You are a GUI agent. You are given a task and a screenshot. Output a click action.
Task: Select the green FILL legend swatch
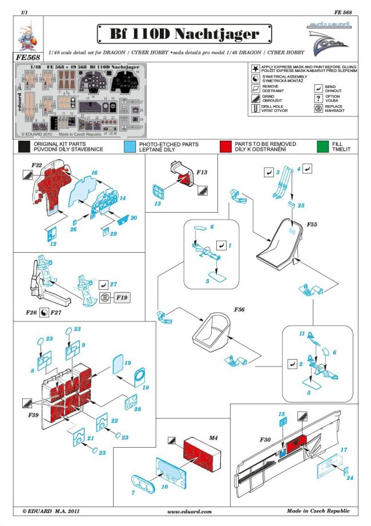[324, 146]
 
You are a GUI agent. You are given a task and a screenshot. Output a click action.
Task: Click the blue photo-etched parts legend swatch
[130, 146]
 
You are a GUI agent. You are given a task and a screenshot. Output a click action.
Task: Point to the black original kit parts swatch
[24, 146]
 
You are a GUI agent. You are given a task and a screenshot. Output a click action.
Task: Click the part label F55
[311, 225]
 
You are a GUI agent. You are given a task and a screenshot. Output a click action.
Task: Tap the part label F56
[239, 309]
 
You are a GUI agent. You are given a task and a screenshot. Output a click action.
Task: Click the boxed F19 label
[120, 298]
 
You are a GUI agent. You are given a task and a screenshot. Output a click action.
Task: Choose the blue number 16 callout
[95, 172]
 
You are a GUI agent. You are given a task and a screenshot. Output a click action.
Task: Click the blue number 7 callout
[133, 492]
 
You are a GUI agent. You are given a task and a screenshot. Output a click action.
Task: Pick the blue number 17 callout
[344, 450]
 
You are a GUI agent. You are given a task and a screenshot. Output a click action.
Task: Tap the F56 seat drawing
[214, 332]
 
